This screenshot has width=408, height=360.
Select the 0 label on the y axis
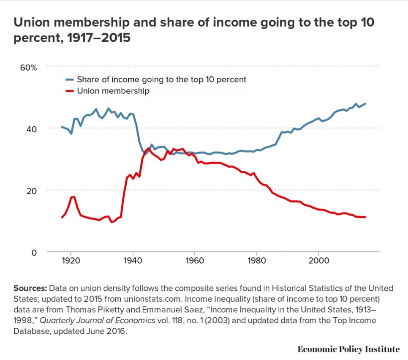point(35,252)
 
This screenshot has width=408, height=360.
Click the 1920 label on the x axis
point(71,261)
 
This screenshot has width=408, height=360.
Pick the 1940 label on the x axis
point(133,261)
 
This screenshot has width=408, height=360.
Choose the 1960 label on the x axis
point(194,261)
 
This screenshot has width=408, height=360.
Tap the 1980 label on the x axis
point(256,261)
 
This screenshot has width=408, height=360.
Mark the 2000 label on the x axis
point(318,261)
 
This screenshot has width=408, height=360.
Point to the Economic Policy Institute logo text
point(348,349)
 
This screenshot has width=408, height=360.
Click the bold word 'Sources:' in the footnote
point(30,288)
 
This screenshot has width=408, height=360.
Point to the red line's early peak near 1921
point(73,197)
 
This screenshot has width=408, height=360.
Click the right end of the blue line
point(365,104)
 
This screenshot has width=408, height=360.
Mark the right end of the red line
point(365,217)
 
